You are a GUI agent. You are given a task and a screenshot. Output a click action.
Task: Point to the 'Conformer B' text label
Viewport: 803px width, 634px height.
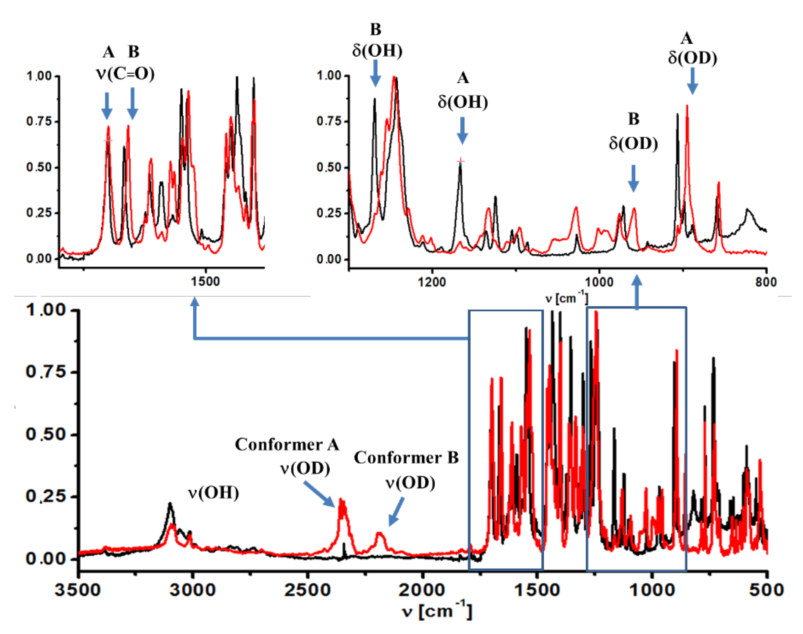[406, 458]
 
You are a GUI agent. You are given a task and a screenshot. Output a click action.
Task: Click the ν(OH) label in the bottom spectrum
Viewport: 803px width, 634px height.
[213, 493]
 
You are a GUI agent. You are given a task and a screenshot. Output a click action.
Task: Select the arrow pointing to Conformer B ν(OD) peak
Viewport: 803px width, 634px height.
[396, 512]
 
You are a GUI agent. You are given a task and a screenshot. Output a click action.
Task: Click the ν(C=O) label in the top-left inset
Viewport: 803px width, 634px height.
[125, 74]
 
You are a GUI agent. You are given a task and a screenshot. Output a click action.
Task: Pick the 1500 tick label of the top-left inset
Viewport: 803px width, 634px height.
[205, 282]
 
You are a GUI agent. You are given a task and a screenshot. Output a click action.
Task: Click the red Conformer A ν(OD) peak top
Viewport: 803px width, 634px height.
[342, 500]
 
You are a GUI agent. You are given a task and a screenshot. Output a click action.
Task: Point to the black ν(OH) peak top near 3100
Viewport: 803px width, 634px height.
[170, 504]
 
